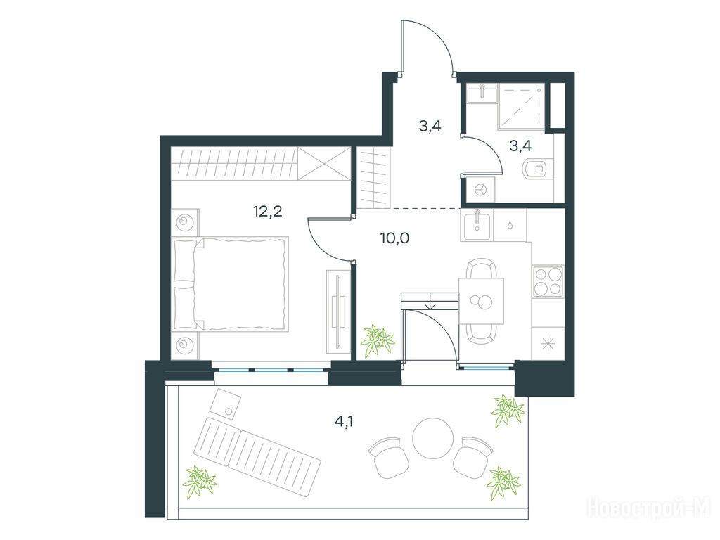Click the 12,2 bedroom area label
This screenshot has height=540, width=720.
point(267,211)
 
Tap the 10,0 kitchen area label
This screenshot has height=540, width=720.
point(395,238)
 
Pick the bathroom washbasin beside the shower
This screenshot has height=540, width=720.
point(482,94)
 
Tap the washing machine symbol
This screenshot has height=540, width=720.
point(481,189)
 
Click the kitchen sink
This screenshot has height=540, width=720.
point(477,225)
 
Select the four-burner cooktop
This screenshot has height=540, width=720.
point(548,281)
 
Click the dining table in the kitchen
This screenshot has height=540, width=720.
point(481,301)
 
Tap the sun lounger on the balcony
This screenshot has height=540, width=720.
point(257,457)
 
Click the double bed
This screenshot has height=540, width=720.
point(231,283)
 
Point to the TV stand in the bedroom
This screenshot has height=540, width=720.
point(338,311)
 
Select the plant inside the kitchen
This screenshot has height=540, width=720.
point(377,341)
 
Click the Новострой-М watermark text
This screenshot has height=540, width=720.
point(649,508)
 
